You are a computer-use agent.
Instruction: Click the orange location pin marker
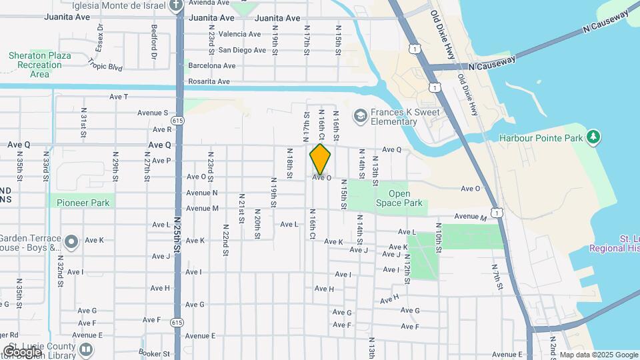click(x=321, y=159)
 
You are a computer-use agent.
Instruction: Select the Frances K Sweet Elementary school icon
click(x=361, y=117)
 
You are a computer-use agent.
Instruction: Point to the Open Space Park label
click(x=399, y=198)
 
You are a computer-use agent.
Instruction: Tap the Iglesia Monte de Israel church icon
click(x=176, y=5)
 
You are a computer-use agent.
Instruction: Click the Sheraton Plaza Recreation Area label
click(x=40, y=65)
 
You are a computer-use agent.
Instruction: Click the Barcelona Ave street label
click(x=212, y=66)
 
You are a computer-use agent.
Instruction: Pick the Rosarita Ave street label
click(x=209, y=81)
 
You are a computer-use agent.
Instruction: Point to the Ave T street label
click(x=119, y=97)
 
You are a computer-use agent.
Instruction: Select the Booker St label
click(x=151, y=352)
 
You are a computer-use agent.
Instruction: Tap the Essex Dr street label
click(x=99, y=37)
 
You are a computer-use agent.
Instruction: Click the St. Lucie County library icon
click(x=86, y=349)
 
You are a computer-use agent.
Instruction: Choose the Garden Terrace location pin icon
click(x=72, y=240)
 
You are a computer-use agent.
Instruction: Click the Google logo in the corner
click(x=22, y=351)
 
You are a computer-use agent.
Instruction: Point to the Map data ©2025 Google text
click(x=598, y=355)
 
